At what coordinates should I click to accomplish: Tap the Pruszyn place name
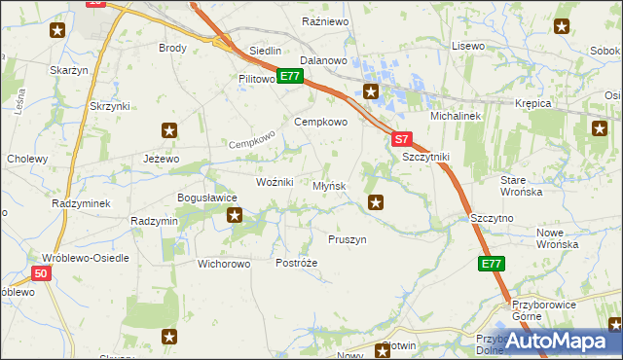[347, 239]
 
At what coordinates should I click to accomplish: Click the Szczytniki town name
[424, 157]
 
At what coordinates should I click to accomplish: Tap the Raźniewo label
[325, 20]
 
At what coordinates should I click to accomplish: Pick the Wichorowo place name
[224, 264]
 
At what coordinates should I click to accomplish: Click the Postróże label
[297, 264]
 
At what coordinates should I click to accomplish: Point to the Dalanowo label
[324, 60]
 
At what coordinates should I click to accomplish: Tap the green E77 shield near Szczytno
[492, 264]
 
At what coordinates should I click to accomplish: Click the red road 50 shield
[40, 274]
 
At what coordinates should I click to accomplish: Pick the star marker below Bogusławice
[235, 215]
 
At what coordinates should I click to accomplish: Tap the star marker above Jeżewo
[170, 129]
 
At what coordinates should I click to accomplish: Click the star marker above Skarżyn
[57, 30]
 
